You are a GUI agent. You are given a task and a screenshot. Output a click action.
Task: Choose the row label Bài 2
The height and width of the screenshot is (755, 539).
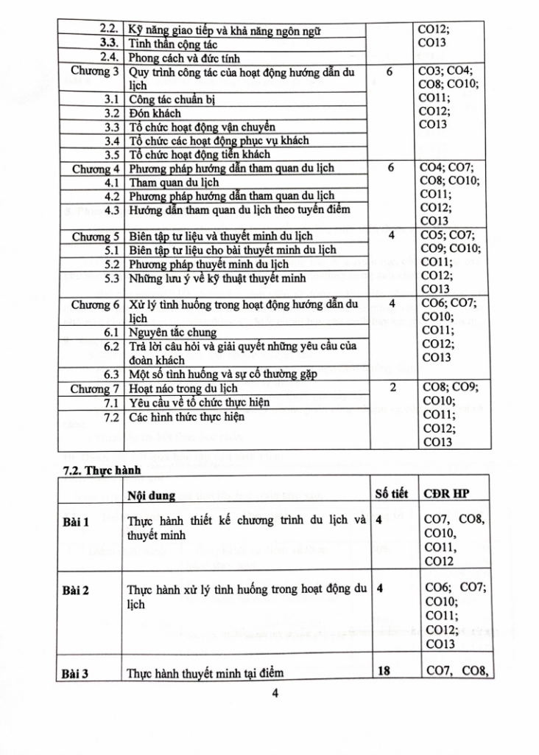tap(75, 590)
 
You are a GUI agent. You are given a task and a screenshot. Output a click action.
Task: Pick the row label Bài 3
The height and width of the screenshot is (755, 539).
tap(75, 672)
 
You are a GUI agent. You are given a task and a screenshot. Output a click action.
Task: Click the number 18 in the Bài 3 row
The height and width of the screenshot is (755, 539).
tap(383, 671)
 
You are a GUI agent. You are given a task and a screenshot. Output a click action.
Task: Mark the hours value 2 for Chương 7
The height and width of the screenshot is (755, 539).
tap(391, 388)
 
